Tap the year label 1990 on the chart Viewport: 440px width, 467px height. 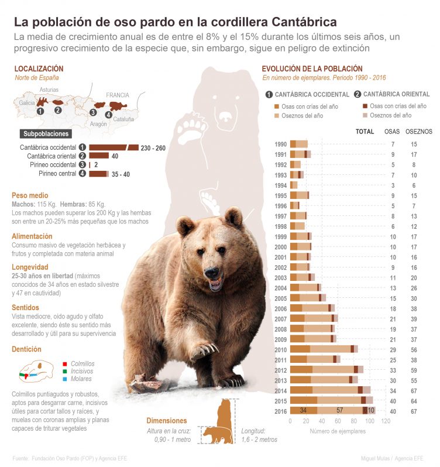click(280, 144)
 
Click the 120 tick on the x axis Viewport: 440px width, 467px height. click(386, 421)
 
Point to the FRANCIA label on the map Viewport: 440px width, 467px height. click(118, 95)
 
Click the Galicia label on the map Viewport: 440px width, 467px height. click(27, 102)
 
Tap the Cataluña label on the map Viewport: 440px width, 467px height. click(123, 119)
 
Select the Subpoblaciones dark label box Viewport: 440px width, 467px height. click(46, 133)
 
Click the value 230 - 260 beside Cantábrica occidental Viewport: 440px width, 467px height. click(153, 148)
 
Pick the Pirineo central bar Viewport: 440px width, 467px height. click(98, 174)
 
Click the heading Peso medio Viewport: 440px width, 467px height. click(30, 195)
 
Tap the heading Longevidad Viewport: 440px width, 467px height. click(29, 266)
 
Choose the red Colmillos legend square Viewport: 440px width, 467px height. click(64, 364)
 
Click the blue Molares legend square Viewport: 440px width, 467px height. click(64, 379)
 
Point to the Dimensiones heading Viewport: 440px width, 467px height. click(167, 421)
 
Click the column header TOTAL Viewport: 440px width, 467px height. click(365, 132)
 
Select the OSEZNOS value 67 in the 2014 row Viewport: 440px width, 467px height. click(414, 390)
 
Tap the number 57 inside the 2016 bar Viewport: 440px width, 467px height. click(339, 410)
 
